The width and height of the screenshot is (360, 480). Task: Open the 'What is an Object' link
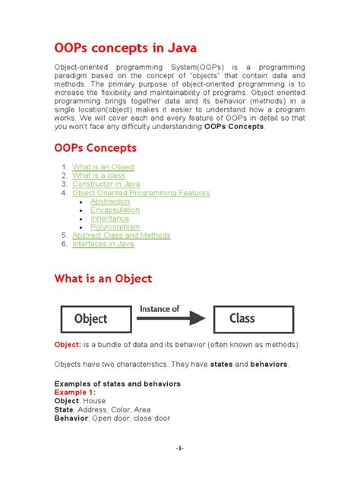pos(103,167)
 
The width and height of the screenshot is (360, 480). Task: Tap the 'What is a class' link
pos(99,175)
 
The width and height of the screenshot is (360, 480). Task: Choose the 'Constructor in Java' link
pos(106,185)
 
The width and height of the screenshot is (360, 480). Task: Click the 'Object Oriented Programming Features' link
pos(141,193)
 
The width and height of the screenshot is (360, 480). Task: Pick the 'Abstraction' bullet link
pos(109,201)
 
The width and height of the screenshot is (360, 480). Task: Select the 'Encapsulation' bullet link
pos(115,210)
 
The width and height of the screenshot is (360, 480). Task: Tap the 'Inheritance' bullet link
pos(109,219)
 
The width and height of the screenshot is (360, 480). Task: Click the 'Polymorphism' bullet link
pos(115,227)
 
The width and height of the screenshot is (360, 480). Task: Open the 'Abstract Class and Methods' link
pos(121,235)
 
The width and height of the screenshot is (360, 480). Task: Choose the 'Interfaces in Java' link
pos(103,244)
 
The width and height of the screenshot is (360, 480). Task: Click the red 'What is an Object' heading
pos(103,279)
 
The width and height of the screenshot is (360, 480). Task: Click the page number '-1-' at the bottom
pos(179,449)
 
